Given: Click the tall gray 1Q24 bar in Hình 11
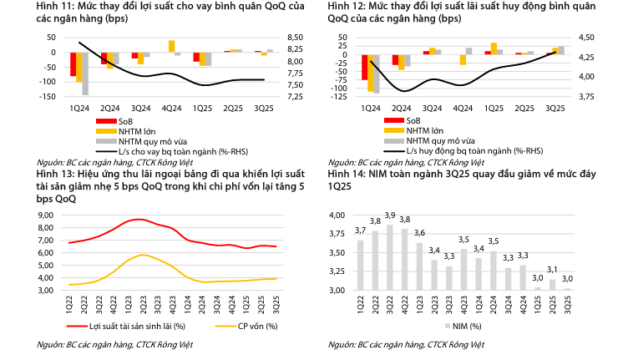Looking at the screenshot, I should pos(85,74).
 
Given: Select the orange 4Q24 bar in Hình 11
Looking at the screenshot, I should pos(171,46).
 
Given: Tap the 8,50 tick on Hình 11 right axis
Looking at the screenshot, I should pos(295,37).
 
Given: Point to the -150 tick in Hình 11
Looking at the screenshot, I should pos(48,97).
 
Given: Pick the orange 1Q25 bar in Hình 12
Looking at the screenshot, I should pos(494,48).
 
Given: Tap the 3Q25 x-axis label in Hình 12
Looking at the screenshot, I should pos(555,108).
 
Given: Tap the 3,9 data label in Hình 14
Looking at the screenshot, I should pos(390,216).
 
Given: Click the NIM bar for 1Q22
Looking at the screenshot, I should pos(360,265).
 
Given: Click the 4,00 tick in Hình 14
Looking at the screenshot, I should pos(335,215).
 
